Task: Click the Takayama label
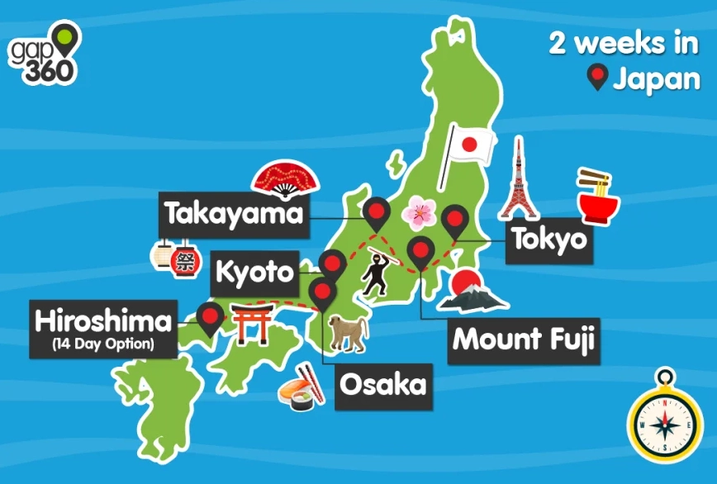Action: coord(234,214)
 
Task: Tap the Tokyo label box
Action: coord(548,240)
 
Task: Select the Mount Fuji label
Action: coord(524,339)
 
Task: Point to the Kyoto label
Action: coord(255,271)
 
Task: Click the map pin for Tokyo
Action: coord(454,221)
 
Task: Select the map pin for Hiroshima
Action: coord(211,316)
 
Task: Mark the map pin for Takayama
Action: coord(377,212)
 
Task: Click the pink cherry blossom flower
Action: coord(418,214)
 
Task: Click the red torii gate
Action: coord(248,323)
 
